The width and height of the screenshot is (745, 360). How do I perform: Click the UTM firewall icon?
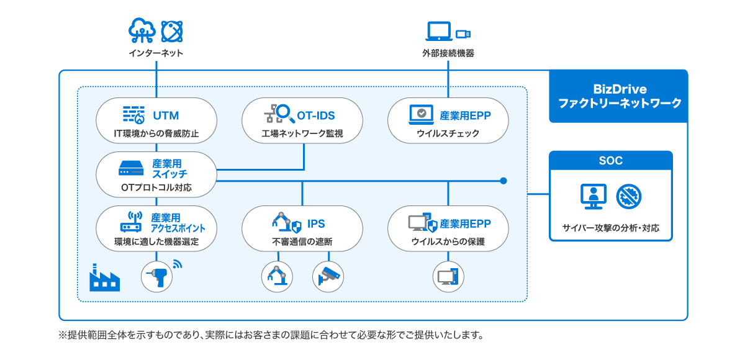[x=133, y=115]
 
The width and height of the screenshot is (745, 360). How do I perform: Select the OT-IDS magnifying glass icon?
[x=279, y=114]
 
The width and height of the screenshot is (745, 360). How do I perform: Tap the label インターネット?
[x=156, y=53]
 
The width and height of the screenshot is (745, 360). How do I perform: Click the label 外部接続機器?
[x=448, y=53]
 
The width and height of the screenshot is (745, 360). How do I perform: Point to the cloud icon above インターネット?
[x=140, y=30]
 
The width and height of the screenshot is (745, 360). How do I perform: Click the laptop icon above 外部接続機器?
[x=439, y=31]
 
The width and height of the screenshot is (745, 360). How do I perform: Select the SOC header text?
[x=611, y=161]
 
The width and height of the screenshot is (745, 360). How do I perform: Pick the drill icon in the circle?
[x=156, y=276]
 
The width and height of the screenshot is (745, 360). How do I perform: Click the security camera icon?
[x=327, y=276]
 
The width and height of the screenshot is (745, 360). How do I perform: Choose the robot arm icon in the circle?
[x=276, y=276]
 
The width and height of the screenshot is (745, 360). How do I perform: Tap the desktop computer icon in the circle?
[x=448, y=276]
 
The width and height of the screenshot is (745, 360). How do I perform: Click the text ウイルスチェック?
[x=448, y=133]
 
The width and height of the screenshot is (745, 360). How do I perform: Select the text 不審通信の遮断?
[x=302, y=242]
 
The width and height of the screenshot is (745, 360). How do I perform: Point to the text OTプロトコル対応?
[x=156, y=187]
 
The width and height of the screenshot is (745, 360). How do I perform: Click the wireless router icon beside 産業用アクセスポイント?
[x=132, y=222]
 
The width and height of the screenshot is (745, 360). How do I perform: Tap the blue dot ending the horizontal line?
[x=503, y=181]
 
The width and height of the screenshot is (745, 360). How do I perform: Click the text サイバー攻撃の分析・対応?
[x=611, y=228]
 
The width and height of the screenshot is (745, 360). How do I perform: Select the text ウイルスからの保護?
[x=448, y=242]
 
